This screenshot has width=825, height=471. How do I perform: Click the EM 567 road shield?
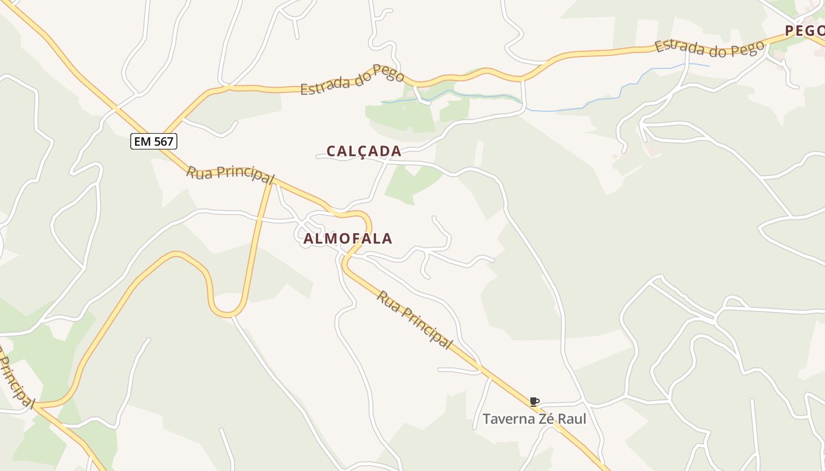point(154,141)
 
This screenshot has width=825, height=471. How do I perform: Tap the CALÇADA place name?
point(364,151)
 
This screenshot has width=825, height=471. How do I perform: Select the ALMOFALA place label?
point(348,238)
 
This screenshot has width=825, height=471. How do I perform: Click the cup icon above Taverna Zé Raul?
point(534,402)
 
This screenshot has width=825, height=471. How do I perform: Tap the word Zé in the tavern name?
point(544,419)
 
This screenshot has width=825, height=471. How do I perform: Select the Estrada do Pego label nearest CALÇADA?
point(352,81)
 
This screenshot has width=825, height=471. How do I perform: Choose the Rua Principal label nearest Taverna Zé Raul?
point(414,320)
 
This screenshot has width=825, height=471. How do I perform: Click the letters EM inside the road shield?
point(142,141)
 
